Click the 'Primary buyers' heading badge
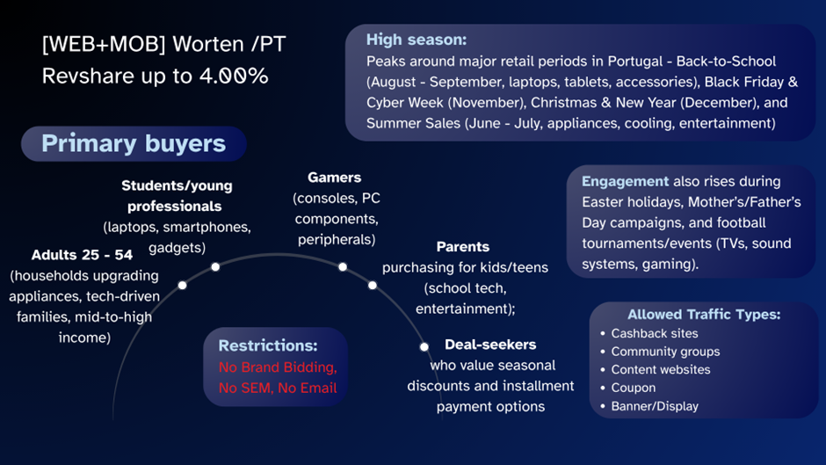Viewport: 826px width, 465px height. pos(134,144)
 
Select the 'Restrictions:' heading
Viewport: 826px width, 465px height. pos(268,345)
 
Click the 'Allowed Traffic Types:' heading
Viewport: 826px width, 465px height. pos(704,314)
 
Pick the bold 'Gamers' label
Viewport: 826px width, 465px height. pos(334,178)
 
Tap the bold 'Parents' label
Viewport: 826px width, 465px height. pos(462,247)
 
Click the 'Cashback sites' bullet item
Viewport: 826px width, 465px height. pos(655,333)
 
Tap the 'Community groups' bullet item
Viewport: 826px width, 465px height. pos(665,352)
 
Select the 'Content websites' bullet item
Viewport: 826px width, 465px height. pos(661,370)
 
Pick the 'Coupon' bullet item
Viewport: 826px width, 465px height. pos(634,388)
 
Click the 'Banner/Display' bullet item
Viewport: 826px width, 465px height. pos(655,406)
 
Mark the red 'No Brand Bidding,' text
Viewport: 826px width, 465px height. pos(278,367)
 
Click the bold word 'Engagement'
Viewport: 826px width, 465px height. pos(625,181)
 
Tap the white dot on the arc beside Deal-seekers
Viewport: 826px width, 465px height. pos(424,346)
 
